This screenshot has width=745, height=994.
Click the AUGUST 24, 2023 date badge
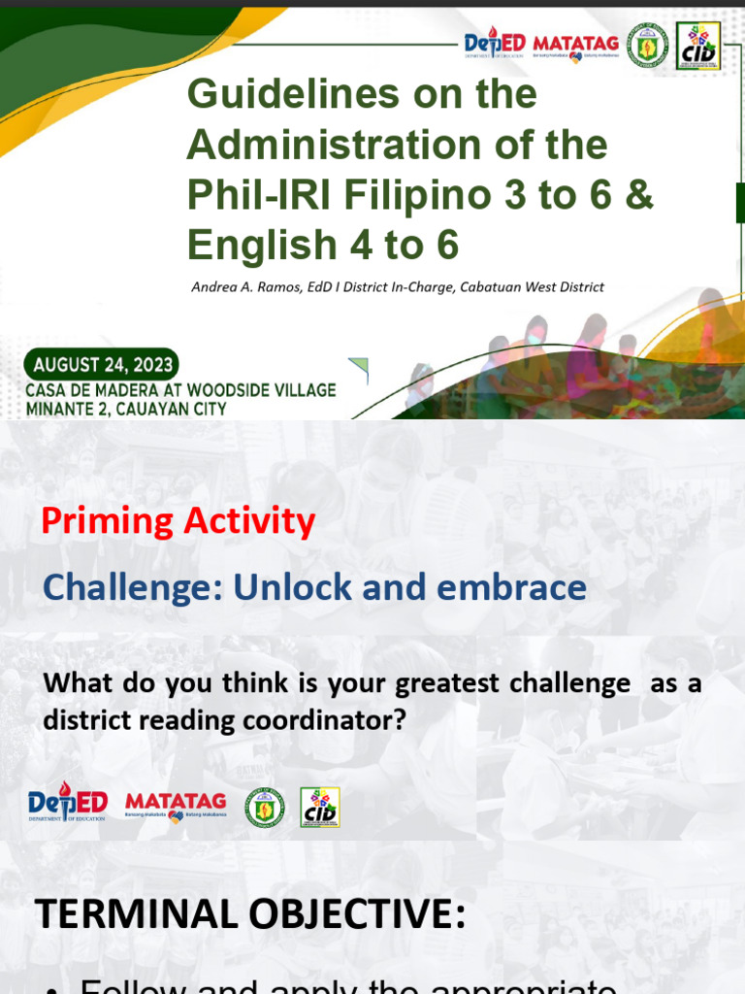click(103, 365)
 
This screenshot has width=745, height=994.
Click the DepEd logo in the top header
click(495, 45)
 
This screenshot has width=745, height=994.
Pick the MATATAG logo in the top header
click(574, 45)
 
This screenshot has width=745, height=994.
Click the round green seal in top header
click(647, 45)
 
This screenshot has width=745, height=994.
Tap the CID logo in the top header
click(698, 46)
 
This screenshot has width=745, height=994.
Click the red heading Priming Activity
click(178, 522)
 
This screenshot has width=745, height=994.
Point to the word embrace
click(522, 587)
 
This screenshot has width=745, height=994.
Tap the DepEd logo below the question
click(67, 804)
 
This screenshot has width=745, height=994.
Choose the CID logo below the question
click(319, 807)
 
